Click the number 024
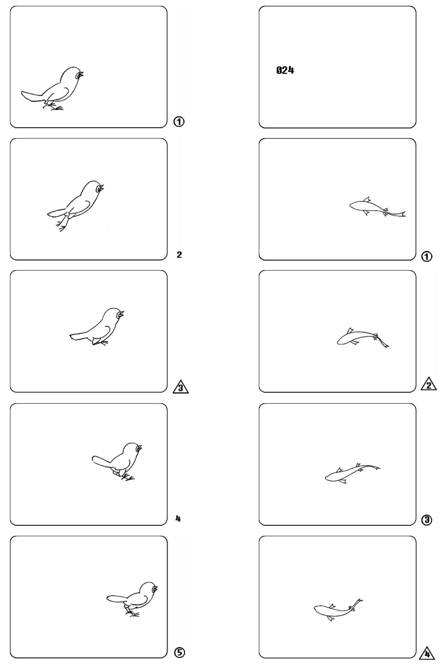285,70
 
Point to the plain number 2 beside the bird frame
179,255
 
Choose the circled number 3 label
427,520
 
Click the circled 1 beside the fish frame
427,257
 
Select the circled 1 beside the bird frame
179,122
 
